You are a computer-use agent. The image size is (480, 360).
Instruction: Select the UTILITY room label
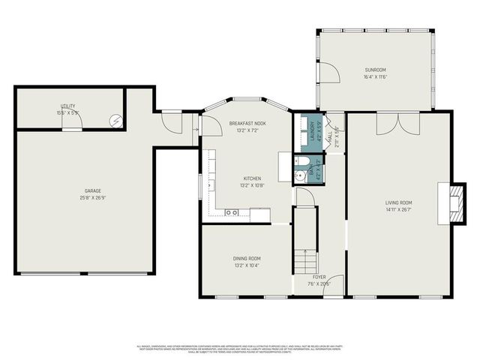click(68, 106)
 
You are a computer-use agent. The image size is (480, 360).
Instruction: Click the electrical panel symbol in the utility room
click(116, 119)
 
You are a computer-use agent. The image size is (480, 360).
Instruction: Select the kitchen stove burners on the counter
click(232, 213)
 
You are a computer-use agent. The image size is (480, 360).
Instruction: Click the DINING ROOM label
click(246, 259)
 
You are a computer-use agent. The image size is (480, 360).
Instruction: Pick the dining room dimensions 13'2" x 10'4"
click(246, 265)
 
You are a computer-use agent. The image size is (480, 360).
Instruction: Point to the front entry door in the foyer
click(333, 286)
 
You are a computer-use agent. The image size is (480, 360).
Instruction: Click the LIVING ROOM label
click(399, 202)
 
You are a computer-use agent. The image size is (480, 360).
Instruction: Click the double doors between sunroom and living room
click(397, 121)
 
